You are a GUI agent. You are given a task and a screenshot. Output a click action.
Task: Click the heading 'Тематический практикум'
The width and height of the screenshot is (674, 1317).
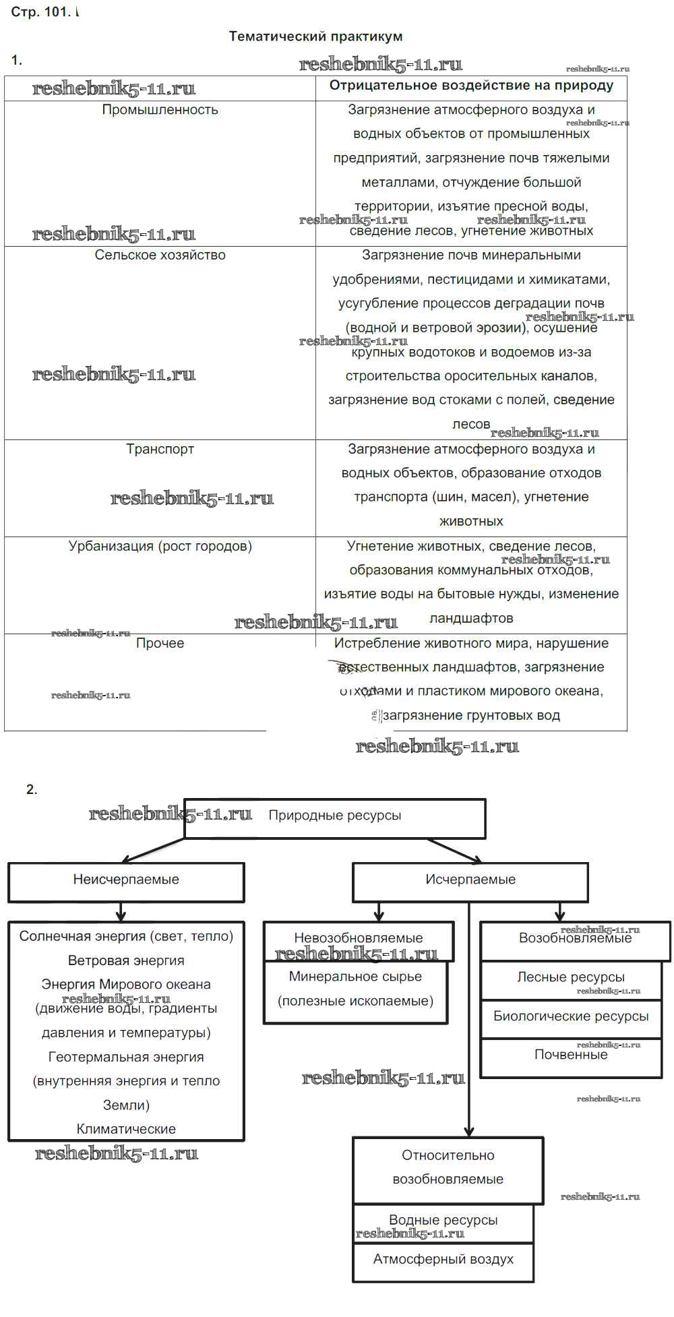tap(315, 36)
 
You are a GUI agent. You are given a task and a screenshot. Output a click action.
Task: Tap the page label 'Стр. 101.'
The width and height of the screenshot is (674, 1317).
tap(40, 12)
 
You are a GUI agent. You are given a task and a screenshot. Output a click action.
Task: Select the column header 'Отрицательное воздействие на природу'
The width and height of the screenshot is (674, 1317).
tap(471, 86)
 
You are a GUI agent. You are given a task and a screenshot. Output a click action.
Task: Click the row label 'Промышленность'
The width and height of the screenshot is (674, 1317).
tap(160, 110)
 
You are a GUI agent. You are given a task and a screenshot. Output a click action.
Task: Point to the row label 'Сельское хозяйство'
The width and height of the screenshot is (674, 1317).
tap(160, 255)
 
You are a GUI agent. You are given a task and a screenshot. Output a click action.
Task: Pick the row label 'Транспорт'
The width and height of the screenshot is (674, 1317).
tap(160, 449)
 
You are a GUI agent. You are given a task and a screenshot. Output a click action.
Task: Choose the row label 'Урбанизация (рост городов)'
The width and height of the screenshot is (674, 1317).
tap(160, 546)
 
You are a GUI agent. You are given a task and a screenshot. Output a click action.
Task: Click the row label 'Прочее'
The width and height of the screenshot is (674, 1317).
tap(160, 643)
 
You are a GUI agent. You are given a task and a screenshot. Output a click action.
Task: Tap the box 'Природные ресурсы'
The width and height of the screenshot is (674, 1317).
tap(335, 816)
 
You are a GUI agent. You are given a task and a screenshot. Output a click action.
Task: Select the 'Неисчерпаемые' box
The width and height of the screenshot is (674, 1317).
tap(126, 880)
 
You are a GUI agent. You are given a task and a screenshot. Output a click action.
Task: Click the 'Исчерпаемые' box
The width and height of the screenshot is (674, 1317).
tap(470, 880)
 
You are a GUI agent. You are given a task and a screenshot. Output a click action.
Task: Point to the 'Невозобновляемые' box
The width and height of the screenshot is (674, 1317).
tap(359, 938)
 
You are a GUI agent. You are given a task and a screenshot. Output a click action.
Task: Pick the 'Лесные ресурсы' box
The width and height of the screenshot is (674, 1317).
tap(571, 977)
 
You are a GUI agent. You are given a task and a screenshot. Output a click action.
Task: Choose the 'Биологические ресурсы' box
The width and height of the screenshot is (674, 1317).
tap(571, 1016)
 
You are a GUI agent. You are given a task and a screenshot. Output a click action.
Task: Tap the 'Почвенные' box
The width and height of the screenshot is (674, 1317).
tap(571, 1055)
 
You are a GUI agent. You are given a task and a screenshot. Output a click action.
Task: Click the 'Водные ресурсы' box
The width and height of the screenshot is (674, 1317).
tap(443, 1221)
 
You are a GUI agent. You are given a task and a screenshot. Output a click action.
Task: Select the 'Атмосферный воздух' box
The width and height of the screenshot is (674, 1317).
tap(443, 1260)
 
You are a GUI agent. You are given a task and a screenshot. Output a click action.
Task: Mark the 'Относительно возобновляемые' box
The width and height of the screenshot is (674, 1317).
tap(448, 1168)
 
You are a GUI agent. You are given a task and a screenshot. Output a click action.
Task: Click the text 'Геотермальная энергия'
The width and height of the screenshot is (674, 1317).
tap(126, 1058)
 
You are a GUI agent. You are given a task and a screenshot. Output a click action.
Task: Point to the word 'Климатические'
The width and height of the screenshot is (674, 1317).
tap(126, 1130)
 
